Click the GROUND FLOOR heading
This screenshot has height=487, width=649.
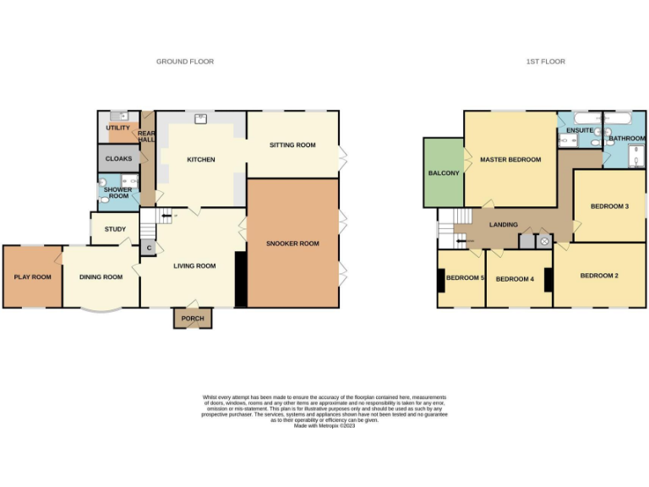pyautogui.click(x=185, y=62)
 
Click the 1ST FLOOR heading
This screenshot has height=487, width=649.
pyautogui.click(x=545, y=62)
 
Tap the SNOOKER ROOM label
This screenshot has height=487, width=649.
pyautogui.click(x=292, y=243)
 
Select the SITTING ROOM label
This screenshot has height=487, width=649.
pyautogui.click(x=292, y=145)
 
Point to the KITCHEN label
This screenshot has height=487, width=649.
pyautogui.click(x=201, y=160)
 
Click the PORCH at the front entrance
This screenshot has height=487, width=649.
pyautogui.click(x=193, y=319)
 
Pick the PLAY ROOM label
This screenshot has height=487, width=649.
pyautogui.click(x=32, y=276)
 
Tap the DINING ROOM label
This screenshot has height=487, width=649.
pyautogui.click(x=101, y=276)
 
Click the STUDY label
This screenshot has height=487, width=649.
pyautogui.click(x=115, y=229)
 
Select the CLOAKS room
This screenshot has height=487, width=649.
pyautogui.click(x=118, y=158)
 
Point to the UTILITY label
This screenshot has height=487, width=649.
pyautogui.click(x=117, y=128)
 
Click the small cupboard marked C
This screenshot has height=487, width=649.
pyautogui.click(x=149, y=248)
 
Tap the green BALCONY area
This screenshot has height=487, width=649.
pyautogui.click(x=444, y=173)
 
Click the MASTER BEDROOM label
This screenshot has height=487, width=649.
pyautogui.click(x=510, y=159)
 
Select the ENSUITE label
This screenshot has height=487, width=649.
pyautogui.click(x=580, y=130)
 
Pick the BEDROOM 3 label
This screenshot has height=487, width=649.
pyautogui.click(x=609, y=206)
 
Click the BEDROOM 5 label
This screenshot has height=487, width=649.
pyautogui.click(x=465, y=278)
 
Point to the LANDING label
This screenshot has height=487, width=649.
pyautogui.click(x=504, y=224)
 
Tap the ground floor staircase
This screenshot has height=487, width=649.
pyautogui.click(x=150, y=223)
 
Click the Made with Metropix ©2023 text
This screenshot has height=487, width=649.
pyautogui.click(x=324, y=425)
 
